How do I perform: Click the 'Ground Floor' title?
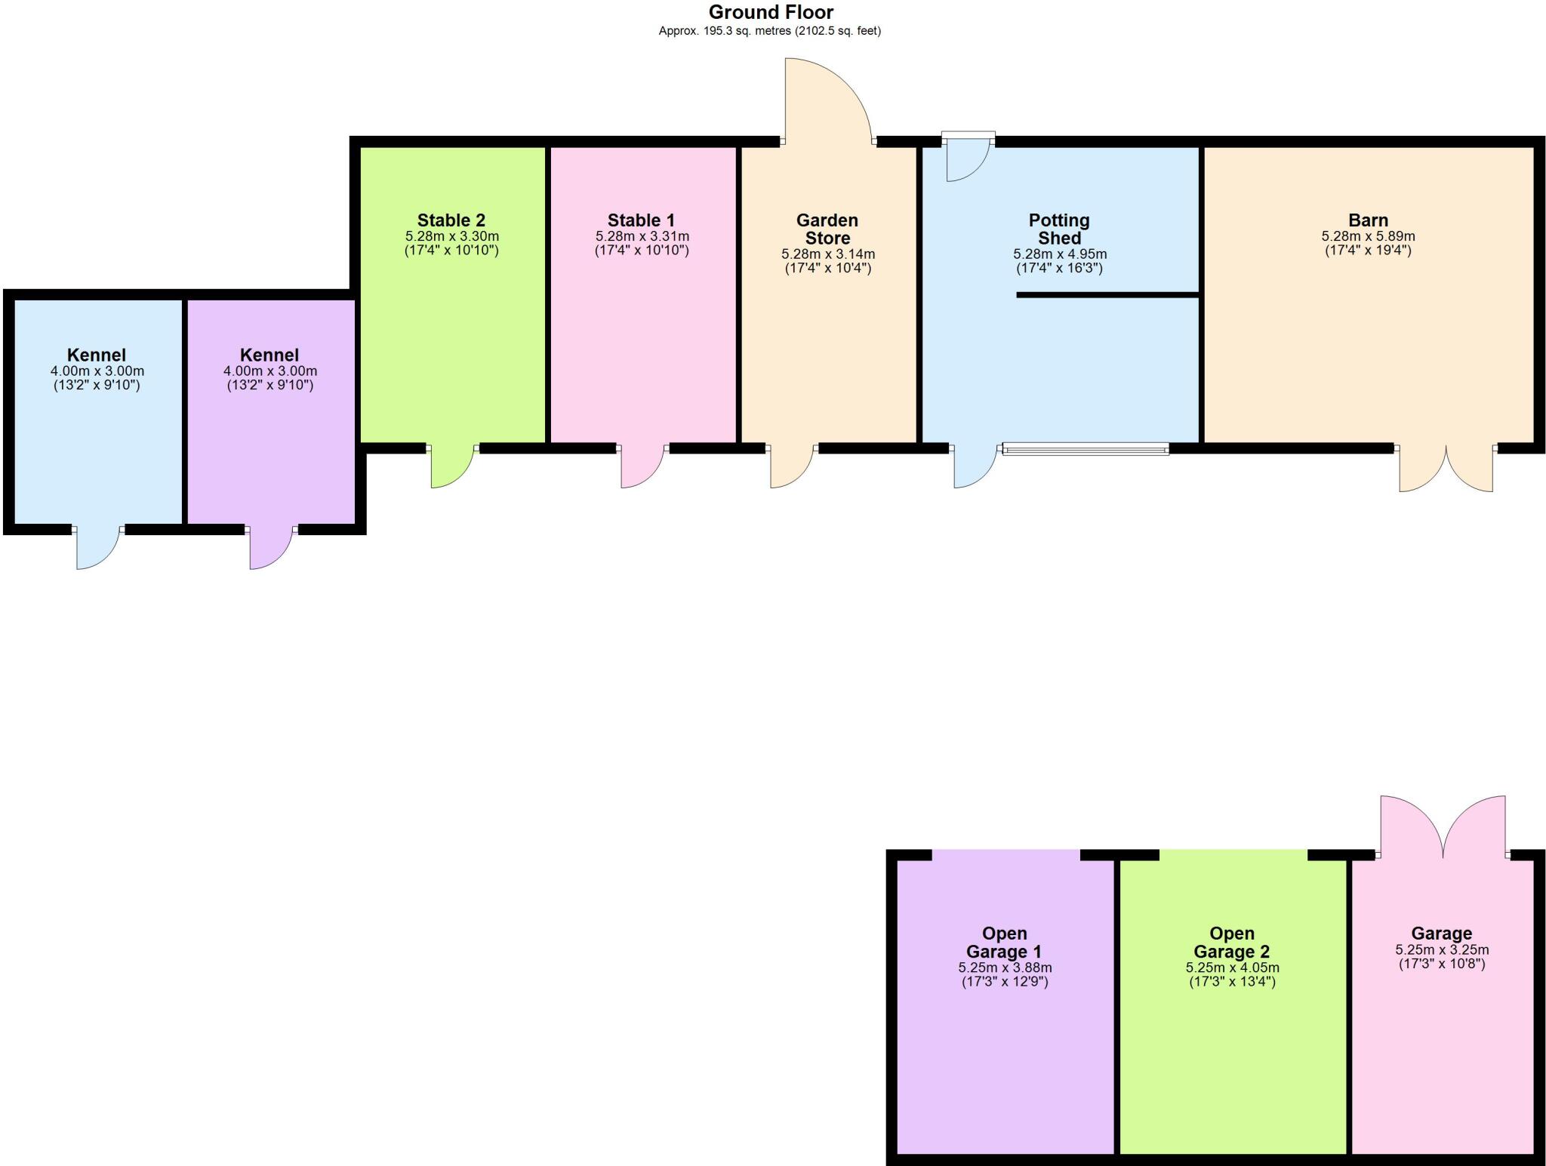(771, 12)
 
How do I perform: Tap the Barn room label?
(1368, 220)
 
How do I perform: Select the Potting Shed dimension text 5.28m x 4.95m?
(1060, 254)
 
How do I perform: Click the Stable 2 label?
(451, 220)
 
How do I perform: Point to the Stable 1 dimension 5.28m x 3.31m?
(642, 236)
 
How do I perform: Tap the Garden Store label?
(827, 229)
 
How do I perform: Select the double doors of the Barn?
(1446, 469)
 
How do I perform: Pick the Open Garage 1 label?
(1004, 943)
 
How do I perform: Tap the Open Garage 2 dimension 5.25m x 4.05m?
(1232, 968)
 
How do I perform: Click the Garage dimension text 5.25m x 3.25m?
(1442, 950)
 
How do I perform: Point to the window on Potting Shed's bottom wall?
(1086, 449)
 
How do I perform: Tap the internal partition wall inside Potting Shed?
(1107, 294)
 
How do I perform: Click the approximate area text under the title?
(769, 31)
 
